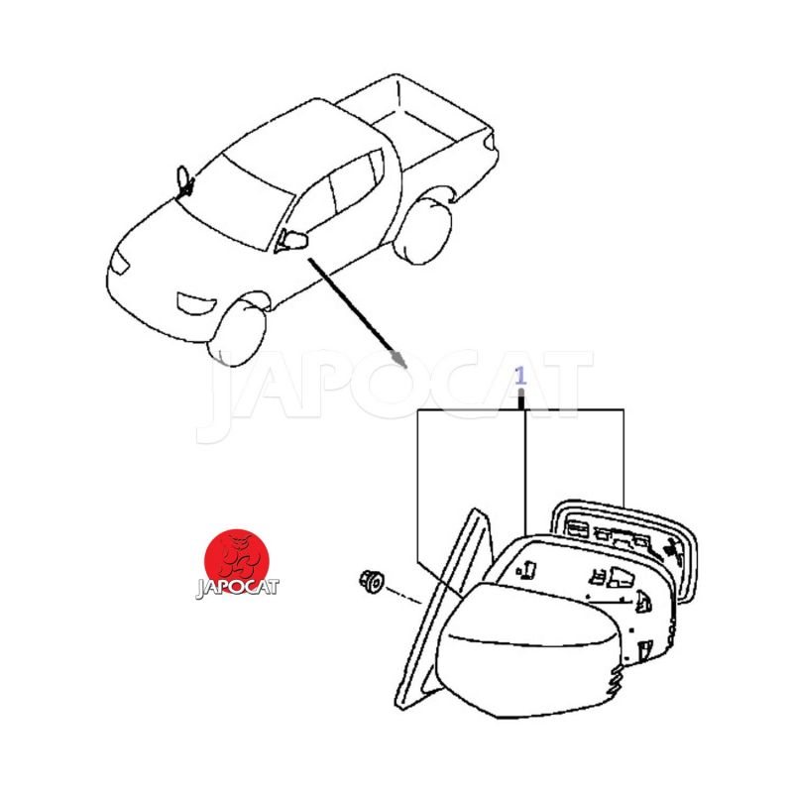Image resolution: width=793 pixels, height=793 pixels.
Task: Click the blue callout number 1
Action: [520, 377]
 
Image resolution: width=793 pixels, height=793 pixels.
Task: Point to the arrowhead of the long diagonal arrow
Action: [400, 360]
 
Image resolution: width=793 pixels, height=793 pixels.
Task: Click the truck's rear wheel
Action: [423, 230]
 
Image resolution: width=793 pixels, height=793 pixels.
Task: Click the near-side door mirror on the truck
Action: [292, 240]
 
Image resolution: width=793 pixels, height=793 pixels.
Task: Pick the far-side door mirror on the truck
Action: [184, 181]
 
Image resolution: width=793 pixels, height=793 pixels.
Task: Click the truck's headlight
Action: [120, 262]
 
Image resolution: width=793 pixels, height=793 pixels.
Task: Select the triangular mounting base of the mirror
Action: [444, 607]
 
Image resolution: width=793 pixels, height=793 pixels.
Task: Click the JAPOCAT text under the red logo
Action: [237, 588]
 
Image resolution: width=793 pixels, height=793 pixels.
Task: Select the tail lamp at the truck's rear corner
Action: [489, 142]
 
